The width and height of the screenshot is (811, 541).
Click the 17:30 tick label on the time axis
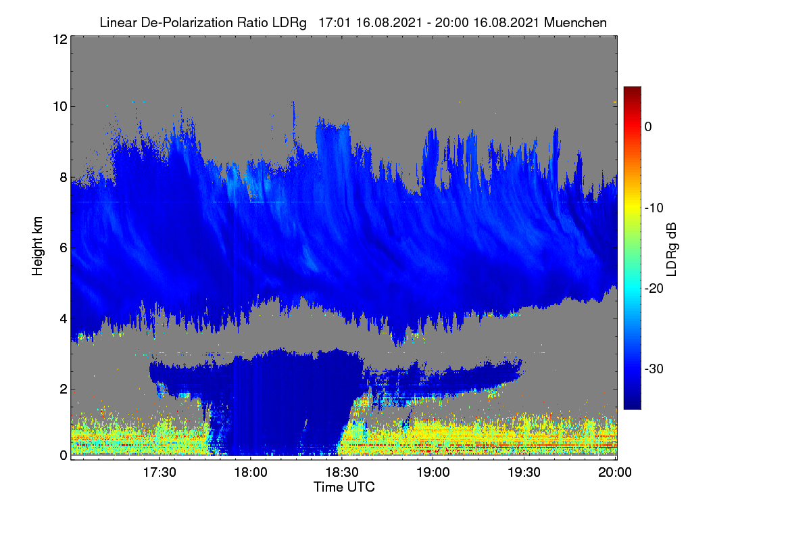pyautogui.click(x=159, y=473)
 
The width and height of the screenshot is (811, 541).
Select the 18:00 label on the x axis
pyautogui.click(x=251, y=473)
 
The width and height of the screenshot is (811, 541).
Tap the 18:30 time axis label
pyautogui.click(x=342, y=473)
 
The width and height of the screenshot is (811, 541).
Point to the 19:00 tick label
pyautogui.click(x=433, y=473)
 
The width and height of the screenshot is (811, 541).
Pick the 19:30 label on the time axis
pyautogui.click(x=524, y=473)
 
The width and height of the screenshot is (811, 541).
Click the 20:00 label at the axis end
pyautogui.click(x=615, y=473)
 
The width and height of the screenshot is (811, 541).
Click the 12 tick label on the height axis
pyautogui.click(x=60, y=39)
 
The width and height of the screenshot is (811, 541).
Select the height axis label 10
pyautogui.click(x=60, y=107)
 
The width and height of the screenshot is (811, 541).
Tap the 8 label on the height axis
pyautogui.click(x=64, y=178)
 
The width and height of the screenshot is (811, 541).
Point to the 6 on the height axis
pyautogui.click(x=64, y=248)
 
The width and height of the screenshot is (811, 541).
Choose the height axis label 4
pyautogui.click(x=64, y=319)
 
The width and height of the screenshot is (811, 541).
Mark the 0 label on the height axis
pyautogui.click(x=64, y=456)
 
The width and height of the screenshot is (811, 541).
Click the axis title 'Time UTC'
pyautogui.click(x=344, y=488)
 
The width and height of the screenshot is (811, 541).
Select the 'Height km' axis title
pyautogui.click(x=37, y=246)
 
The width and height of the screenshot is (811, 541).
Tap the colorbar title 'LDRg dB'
pyautogui.click(x=672, y=250)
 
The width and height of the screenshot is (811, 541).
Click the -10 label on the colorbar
pyautogui.click(x=654, y=208)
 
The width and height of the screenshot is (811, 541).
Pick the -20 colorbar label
pyautogui.click(x=654, y=289)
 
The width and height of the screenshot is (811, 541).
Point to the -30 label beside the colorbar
pyautogui.click(x=654, y=369)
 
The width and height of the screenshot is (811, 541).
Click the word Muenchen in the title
pyautogui.click(x=575, y=23)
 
